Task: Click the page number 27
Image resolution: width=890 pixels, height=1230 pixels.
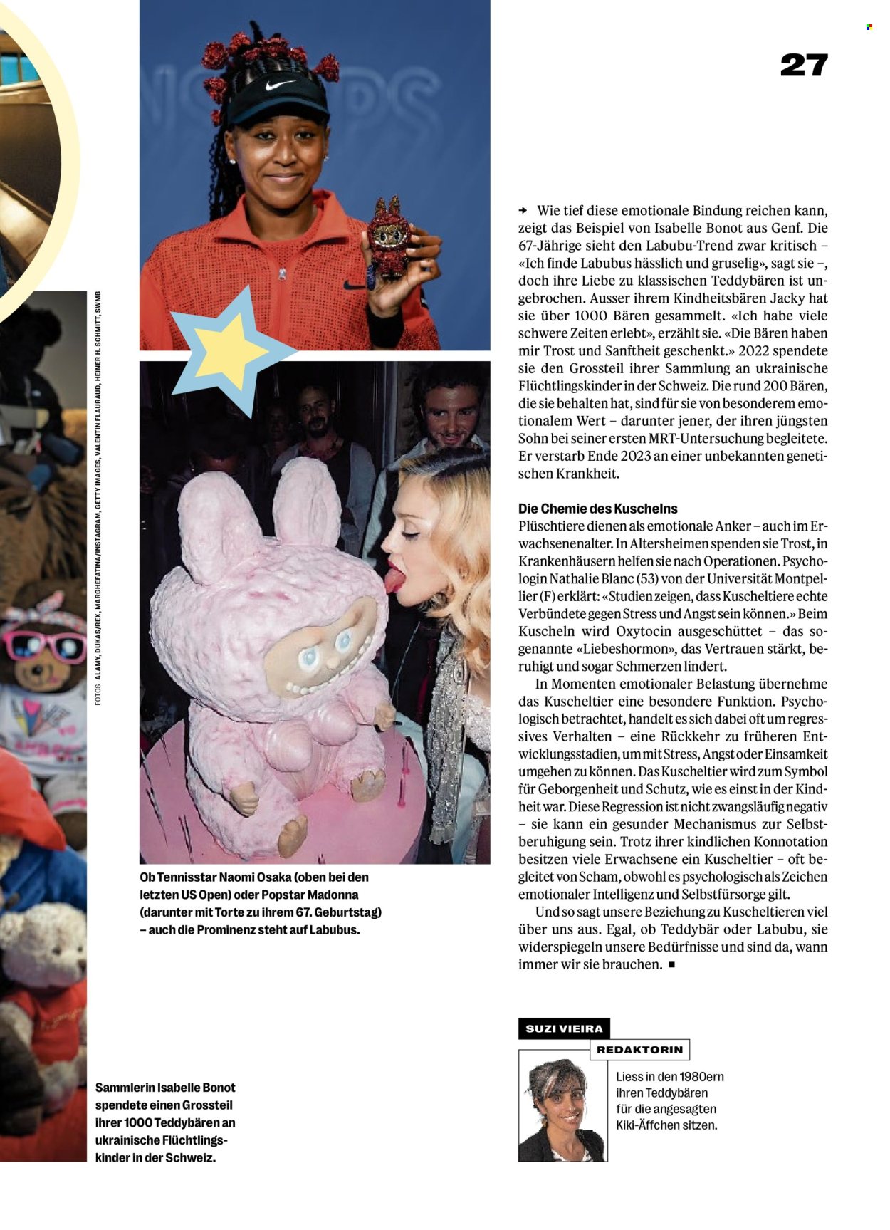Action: click(x=804, y=66)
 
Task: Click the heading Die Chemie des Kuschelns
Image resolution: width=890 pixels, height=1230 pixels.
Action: click(x=597, y=509)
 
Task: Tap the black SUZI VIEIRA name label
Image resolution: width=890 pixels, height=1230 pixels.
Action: click(x=564, y=1028)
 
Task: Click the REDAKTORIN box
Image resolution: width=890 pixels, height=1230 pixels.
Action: click(x=639, y=1049)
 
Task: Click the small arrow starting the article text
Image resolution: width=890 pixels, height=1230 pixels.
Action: click(x=523, y=211)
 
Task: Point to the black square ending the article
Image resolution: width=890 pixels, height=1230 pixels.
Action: click(x=671, y=965)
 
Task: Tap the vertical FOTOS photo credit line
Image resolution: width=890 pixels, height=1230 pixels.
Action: click(x=98, y=499)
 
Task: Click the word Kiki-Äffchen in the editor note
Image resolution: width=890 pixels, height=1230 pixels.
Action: click(x=649, y=1125)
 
